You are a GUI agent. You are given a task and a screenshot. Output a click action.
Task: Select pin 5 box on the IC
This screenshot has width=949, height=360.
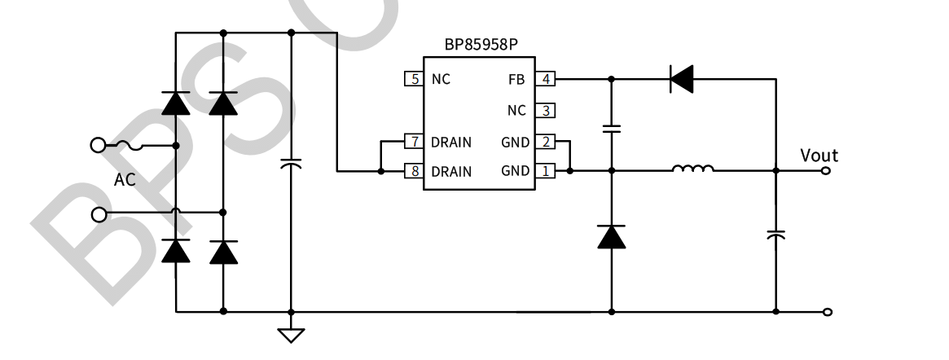tap(414, 79)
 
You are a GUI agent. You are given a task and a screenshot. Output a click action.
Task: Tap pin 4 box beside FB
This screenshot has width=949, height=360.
tap(545, 79)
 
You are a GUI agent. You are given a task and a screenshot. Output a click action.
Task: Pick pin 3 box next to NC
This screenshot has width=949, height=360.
tap(545, 110)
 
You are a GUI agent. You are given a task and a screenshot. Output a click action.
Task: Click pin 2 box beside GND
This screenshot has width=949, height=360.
tap(545, 142)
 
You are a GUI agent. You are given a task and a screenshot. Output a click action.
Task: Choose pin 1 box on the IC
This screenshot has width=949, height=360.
tap(545, 171)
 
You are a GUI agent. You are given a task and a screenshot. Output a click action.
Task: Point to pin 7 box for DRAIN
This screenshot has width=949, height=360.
tap(414, 142)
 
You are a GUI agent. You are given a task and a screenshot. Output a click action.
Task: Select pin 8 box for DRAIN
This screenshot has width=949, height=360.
tap(414, 171)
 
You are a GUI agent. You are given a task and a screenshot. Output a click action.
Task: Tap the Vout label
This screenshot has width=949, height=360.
tap(819, 155)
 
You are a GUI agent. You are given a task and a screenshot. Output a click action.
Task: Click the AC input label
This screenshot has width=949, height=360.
tap(125, 180)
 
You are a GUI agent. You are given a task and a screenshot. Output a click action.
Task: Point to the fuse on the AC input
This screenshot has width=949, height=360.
tap(130, 146)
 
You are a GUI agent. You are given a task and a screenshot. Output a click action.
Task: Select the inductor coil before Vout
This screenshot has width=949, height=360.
tap(692, 169)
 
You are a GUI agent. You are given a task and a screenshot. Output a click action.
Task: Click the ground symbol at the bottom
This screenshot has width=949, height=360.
tap(291, 334)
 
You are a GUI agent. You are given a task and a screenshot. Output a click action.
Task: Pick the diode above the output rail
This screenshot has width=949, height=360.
tap(681, 79)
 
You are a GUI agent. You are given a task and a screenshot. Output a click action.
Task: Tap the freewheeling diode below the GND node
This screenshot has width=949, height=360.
tap(611, 236)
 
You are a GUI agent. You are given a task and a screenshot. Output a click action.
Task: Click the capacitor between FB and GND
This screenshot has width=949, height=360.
tap(611, 128)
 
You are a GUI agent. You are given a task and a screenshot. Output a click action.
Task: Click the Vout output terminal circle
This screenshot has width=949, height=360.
tap(828, 171)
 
